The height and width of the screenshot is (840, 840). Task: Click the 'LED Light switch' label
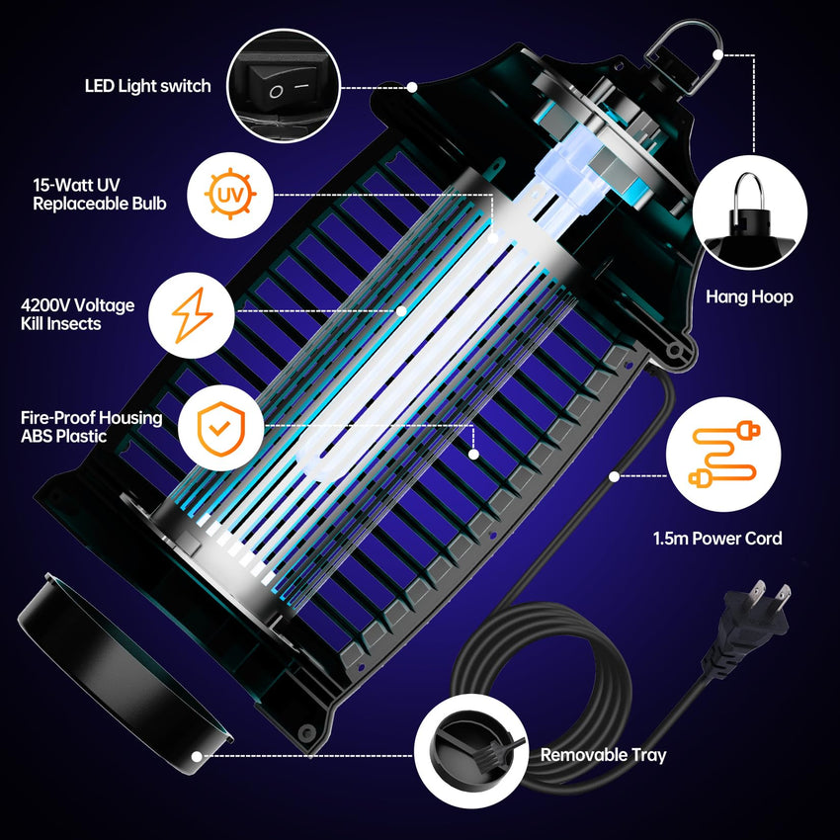coord(147,86)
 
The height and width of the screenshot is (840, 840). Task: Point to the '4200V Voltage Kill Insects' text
coord(77,315)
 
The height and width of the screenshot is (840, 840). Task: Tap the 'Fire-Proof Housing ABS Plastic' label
coord(91,427)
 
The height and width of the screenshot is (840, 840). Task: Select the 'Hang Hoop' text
coord(749,296)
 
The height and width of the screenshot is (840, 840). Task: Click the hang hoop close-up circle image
coord(750,210)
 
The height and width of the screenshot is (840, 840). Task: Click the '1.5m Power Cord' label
coord(717,539)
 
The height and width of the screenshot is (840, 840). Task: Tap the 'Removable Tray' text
coord(603,755)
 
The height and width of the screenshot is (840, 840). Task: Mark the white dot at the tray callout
coord(202,755)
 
